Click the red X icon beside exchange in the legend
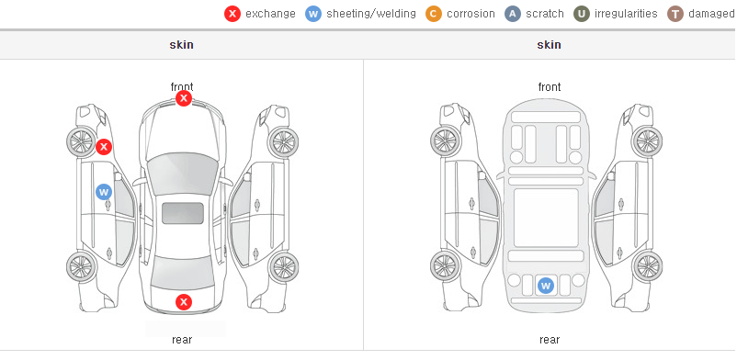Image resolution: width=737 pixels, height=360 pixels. pos(232,14)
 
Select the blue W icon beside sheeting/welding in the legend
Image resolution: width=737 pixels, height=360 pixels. pos(313,14)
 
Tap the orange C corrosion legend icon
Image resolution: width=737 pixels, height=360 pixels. pos(434,14)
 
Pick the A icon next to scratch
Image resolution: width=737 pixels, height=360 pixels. pos(513,14)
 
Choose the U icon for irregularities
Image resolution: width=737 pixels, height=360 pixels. pos(582,14)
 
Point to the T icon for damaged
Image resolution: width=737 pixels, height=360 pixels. pos(675,14)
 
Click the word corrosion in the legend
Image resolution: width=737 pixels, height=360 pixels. pos(471,14)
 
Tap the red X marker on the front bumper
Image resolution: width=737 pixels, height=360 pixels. pos(184,98)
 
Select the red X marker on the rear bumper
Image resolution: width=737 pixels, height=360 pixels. pos(184,302)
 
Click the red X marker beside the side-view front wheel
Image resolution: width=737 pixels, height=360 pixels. pos(104,147)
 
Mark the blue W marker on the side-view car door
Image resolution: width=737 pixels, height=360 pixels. pos(104,192)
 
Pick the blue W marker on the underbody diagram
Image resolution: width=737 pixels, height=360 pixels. pos(545,286)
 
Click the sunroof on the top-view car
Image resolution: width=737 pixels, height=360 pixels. pos(183,213)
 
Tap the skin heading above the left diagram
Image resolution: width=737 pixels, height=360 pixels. pos(181,45)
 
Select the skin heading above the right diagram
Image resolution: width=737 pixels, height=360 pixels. pos(549,45)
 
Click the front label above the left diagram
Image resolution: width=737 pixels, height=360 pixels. pos(182,87)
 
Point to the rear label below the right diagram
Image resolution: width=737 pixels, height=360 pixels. pos(550,340)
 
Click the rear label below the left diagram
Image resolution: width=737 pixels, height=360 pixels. pos(182,340)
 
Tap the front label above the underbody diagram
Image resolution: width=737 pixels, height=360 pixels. pos(550,87)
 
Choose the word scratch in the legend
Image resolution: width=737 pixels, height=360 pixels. pos(545,14)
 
